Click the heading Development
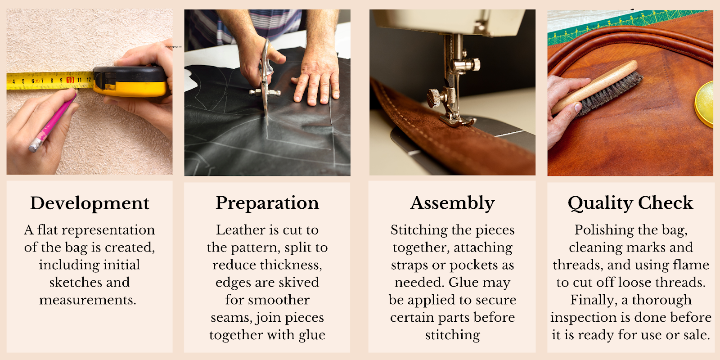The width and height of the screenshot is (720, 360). (90, 203)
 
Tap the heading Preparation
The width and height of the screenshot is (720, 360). (267, 203)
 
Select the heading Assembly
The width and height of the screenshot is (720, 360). (452, 203)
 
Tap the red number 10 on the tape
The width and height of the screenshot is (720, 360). (70, 80)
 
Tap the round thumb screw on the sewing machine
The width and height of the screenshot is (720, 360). (434, 97)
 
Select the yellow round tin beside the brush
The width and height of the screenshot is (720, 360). (705, 103)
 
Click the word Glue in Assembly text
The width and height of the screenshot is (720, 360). (463, 283)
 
